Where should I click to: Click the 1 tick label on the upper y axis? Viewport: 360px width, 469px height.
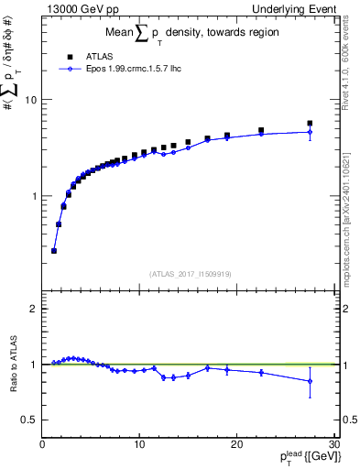pos(36,196)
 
